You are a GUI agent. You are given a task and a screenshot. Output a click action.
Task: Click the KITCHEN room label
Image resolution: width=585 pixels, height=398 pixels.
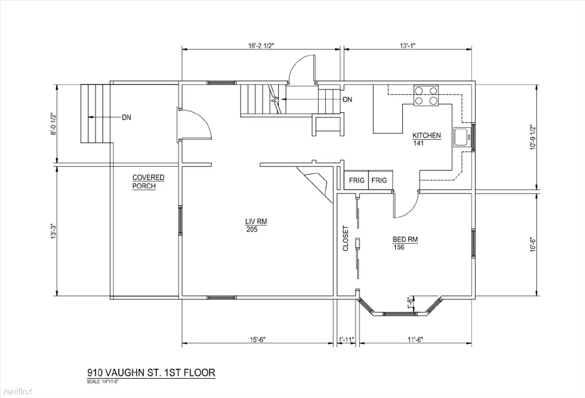(426, 135)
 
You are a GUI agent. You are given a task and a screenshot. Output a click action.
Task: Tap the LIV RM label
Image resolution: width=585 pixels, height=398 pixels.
(256, 222)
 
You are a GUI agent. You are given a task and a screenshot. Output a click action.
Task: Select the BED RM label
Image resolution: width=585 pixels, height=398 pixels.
(405, 240)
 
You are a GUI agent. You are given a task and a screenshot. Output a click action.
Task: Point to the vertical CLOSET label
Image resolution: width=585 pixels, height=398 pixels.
(346, 238)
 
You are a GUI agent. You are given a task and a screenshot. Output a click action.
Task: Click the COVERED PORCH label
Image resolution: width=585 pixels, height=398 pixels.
(148, 182)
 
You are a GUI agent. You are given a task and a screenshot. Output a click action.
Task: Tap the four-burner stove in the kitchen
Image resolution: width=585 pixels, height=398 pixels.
(426, 95)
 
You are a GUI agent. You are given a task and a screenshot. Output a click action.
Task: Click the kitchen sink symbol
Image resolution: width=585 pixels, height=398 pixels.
(462, 137)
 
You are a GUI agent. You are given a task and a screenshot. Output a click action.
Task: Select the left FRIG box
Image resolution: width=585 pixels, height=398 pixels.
(356, 180)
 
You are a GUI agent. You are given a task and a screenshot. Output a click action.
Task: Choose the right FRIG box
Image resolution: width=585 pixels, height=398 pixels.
(381, 180)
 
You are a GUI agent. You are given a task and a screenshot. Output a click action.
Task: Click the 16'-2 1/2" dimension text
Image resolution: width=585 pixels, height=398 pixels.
(261, 46)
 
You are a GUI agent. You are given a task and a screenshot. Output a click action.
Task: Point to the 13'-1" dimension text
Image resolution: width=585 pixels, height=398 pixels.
(407, 46)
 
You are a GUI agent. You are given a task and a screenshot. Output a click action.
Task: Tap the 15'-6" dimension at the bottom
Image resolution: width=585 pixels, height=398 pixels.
(257, 340)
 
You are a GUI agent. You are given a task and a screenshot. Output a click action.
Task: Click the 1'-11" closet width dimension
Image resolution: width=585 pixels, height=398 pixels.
(346, 340)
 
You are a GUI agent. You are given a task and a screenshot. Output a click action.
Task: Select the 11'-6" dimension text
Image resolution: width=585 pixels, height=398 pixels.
(415, 340)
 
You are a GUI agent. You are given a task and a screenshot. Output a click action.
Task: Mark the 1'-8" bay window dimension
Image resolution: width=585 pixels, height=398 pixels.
(411, 303)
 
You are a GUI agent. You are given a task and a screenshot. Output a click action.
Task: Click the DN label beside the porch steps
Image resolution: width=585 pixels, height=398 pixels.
(127, 117)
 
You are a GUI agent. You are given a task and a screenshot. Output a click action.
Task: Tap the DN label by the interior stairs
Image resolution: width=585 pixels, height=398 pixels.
(347, 99)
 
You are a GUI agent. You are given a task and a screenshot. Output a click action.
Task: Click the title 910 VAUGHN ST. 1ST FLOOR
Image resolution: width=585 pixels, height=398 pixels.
(151, 372)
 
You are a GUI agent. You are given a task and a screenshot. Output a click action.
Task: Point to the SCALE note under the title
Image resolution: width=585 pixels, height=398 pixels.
(103, 382)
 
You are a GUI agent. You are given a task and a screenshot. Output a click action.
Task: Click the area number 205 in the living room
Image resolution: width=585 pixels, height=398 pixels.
(252, 230)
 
